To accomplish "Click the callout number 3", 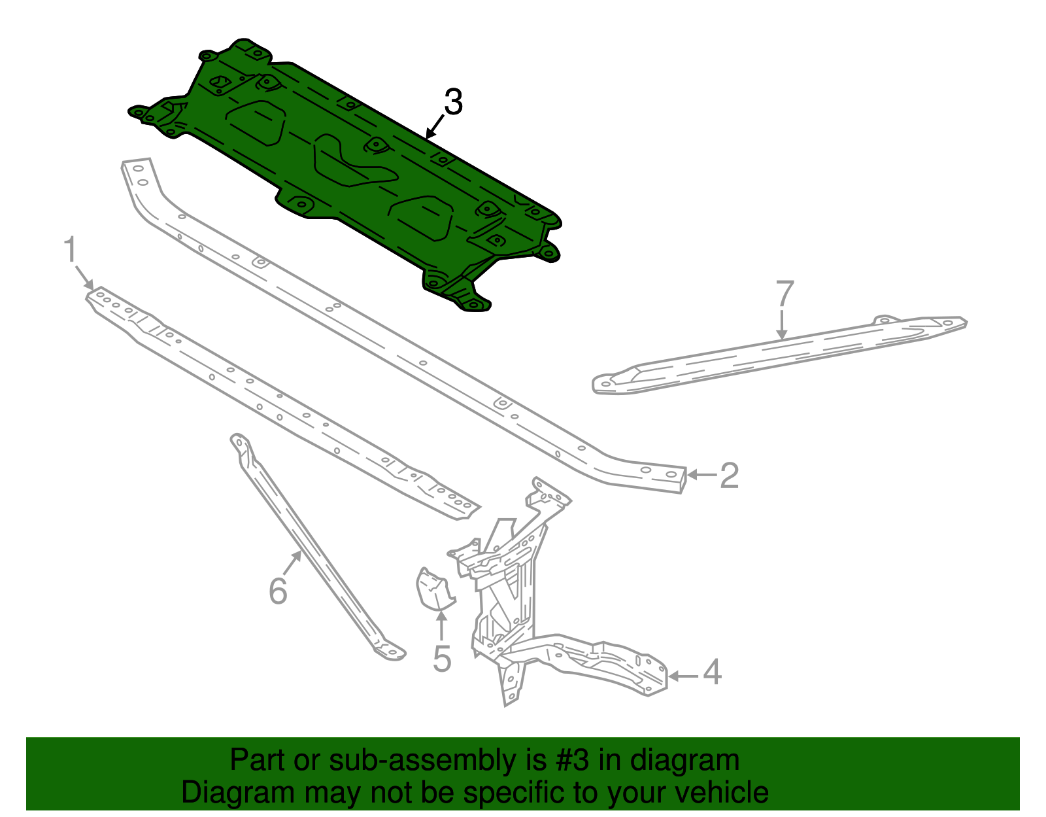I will pyautogui.click(x=453, y=103).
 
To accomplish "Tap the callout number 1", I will pyautogui.click(x=70, y=251).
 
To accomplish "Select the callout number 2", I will pyautogui.click(x=729, y=476).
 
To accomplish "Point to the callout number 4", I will pyautogui.click(x=712, y=672).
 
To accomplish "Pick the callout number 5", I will pyautogui.click(x=442, y=659).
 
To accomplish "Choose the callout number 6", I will pyautogui.click(x=278, y=591).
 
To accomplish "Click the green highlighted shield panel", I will pyautogui.click(x=353, y=170).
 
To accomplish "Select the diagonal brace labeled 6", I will pyautogui.click(x=314, y=549).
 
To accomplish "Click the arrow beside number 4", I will pyautogui.click(x=683, y=676).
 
